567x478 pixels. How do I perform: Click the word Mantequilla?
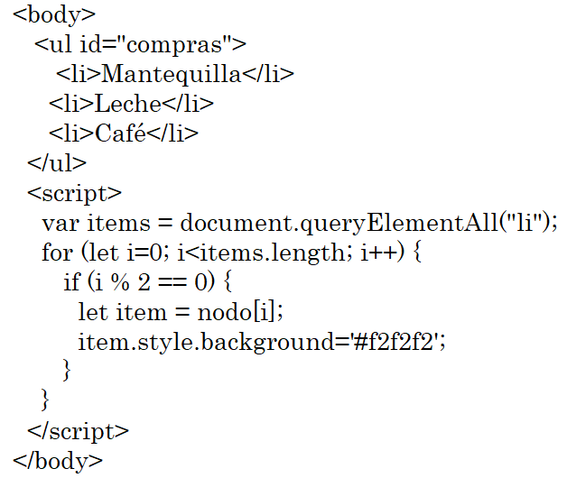pos(172,74)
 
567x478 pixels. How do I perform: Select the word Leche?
pos(127,104)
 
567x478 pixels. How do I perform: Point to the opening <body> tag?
pos(55,14)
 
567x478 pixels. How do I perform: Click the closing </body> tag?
pos(59,460)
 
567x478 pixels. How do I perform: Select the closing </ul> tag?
pos(57,163)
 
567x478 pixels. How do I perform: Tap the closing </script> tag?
pos(79,430)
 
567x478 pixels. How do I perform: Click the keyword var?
pos(57,223)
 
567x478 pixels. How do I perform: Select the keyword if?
pos(71,282)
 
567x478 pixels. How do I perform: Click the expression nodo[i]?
pos(253,312)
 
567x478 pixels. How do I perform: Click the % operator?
pos(116,282)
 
